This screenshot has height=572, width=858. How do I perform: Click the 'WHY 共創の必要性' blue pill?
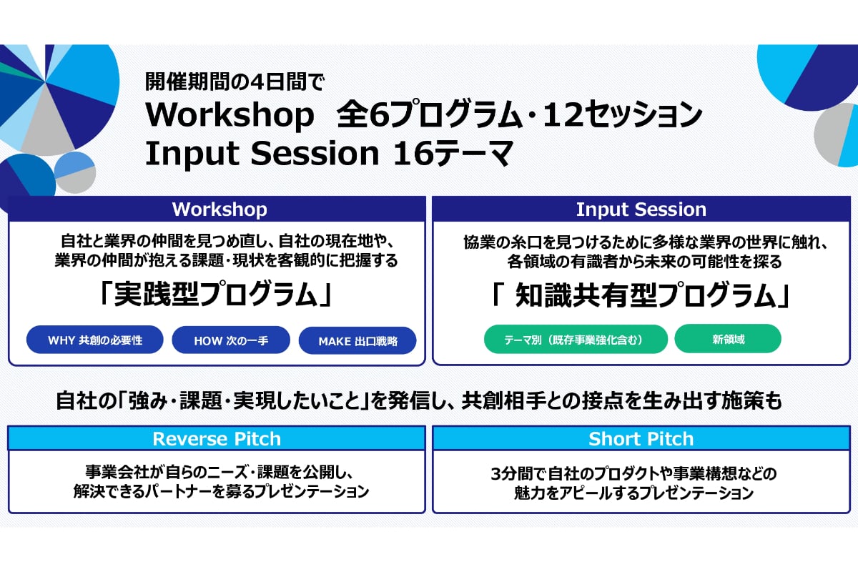point(94,340)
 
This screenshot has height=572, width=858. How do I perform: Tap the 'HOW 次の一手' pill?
point(231,340)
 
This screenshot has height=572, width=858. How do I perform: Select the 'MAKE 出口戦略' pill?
point(357,340)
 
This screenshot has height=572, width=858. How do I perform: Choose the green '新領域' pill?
point(728,339)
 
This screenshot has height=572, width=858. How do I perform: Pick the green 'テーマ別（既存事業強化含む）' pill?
point(576,339)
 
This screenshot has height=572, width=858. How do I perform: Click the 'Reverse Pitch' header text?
point(217,439)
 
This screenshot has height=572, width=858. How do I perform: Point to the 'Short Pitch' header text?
point(641,439)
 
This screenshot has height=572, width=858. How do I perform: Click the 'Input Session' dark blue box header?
point(641,209)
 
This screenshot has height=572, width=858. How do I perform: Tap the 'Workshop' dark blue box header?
point(217,209)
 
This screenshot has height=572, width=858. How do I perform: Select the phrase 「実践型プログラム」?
point(216,294)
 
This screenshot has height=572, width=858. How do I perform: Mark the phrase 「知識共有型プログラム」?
point(641,295)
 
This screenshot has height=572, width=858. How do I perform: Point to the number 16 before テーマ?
point(413,153)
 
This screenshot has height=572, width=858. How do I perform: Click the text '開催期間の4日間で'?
point(235,82)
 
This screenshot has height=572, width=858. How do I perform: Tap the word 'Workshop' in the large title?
point(230,115)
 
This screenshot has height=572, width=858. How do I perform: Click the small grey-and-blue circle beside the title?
point(75,172)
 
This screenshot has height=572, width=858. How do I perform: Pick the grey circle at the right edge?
point(835,134)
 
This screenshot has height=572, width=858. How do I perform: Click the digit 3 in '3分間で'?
point(496,474)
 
